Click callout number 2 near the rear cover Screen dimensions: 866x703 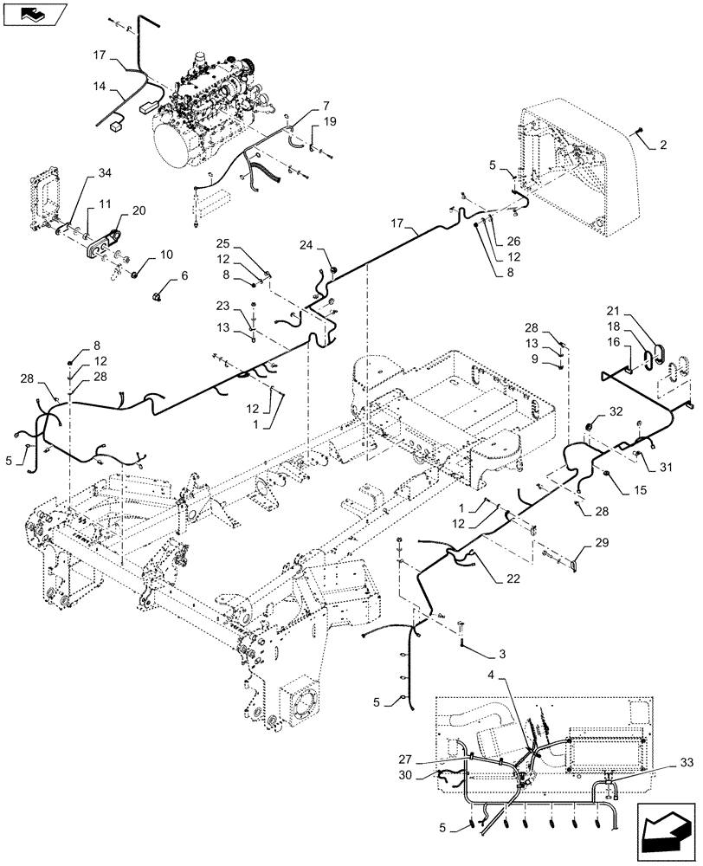pos(662,145)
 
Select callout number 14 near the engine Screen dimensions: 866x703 pos(100,87)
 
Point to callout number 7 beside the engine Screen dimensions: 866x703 pos(326,106)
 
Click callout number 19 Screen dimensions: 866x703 pos(329,123)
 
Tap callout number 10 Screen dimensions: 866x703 pos(165,254)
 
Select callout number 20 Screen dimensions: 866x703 pos(139,210)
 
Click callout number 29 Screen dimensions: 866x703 pos(603,542)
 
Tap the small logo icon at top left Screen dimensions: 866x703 pos(34,13)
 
